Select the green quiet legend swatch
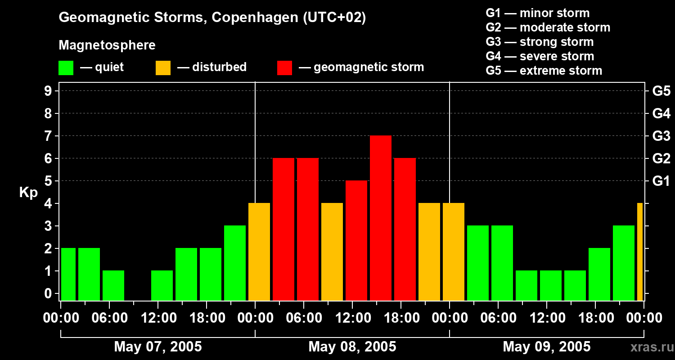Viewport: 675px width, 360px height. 66,67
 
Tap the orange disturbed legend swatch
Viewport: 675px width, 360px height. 163,67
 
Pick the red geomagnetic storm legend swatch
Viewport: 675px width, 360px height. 284,67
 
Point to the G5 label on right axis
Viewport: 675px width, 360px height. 661,91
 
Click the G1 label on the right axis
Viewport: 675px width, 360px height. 661,181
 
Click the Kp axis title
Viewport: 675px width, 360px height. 28,193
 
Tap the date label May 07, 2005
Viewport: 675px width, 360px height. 158,346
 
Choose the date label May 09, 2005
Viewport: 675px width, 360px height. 546,346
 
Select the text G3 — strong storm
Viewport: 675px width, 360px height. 540,42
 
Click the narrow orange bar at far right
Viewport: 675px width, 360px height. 640,252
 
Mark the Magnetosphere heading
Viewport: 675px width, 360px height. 107,45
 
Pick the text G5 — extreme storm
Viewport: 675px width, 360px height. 544,71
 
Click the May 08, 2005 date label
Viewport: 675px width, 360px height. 352,346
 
